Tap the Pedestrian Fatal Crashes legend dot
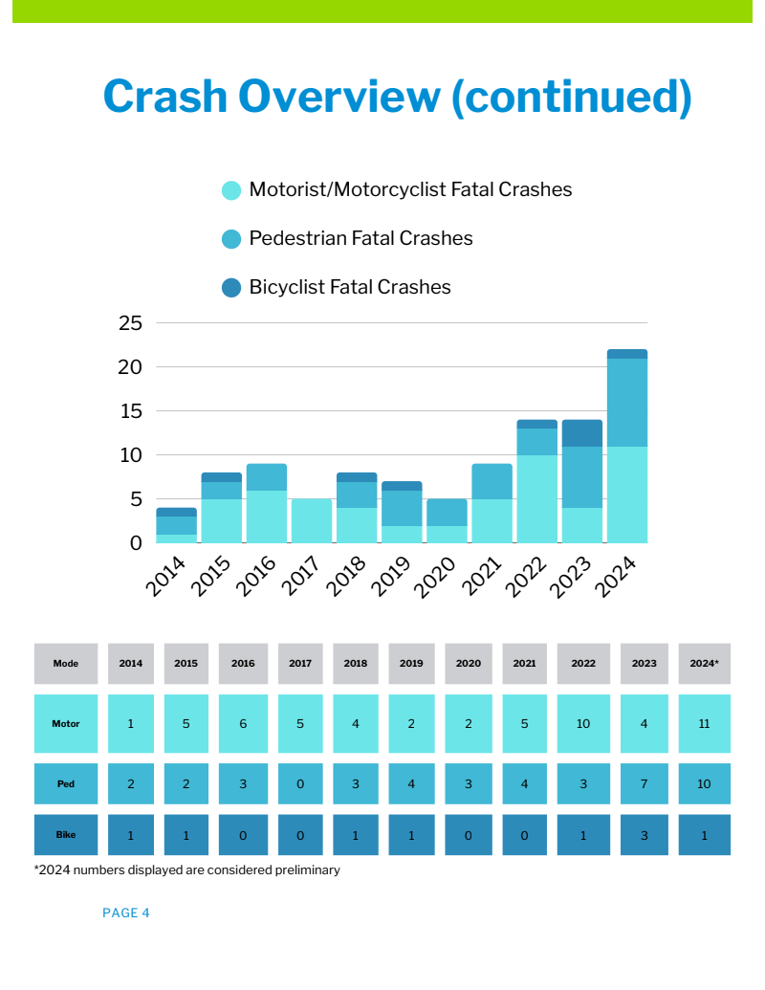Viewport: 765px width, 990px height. [231, 239]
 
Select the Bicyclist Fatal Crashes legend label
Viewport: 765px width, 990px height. [349, 287]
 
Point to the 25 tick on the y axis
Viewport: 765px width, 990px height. [130, 323]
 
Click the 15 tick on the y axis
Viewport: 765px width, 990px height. [130, 411]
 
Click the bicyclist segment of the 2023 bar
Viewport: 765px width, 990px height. [581, 433]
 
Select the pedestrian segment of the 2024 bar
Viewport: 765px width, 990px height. [627, 403]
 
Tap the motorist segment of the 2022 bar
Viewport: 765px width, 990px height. [536, 499]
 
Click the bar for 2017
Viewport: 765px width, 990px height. [312, 521]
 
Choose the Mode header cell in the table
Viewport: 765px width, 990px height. [66, 664]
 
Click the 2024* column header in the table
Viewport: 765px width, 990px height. [704, 664]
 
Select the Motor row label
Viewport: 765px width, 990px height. [66, 724]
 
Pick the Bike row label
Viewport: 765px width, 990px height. [66, 835]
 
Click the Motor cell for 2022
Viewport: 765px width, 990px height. [583, 724]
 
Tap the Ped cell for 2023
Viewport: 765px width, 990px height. [644, 784]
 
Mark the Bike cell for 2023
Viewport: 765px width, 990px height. [644, 835]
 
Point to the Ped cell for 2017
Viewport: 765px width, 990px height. [300, 784]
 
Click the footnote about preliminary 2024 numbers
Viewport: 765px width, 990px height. [187, 870]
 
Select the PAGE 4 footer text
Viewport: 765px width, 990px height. [126, 913]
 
